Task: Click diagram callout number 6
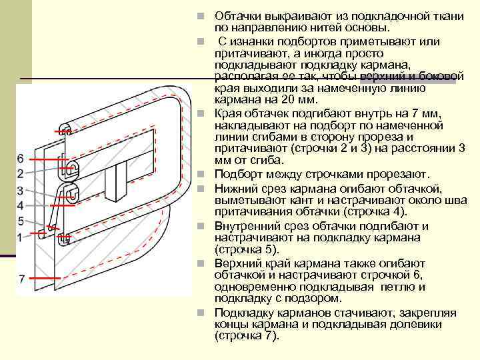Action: pos(21,158)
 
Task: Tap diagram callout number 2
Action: pos(21,173)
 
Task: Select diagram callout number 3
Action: pos(21,191)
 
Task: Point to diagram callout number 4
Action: pos(21,205)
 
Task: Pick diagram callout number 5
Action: pos(21,221)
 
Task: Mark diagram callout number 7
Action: pos(21,279)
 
